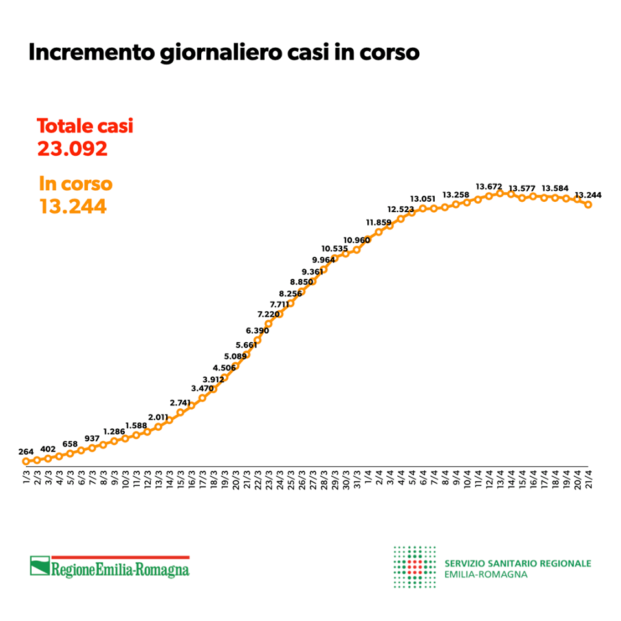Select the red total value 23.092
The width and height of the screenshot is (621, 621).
point(72,149)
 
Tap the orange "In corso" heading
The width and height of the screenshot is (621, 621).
point(76,184)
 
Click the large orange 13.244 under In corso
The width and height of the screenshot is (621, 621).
point(72,207)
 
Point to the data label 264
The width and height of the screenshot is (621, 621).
point(26,452)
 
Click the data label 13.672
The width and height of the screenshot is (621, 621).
point(489,186)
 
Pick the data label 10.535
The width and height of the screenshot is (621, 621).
point(334,248)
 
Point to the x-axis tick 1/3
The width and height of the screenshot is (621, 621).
point(27,480)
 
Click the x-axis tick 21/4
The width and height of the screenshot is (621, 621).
point(589,481)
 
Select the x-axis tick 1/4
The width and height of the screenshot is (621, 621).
point(368,480)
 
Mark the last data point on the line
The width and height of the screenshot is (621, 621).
point(589,204)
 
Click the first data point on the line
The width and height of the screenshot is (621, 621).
point(26,461)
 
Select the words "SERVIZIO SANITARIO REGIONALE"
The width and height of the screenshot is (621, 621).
point(517,563)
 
